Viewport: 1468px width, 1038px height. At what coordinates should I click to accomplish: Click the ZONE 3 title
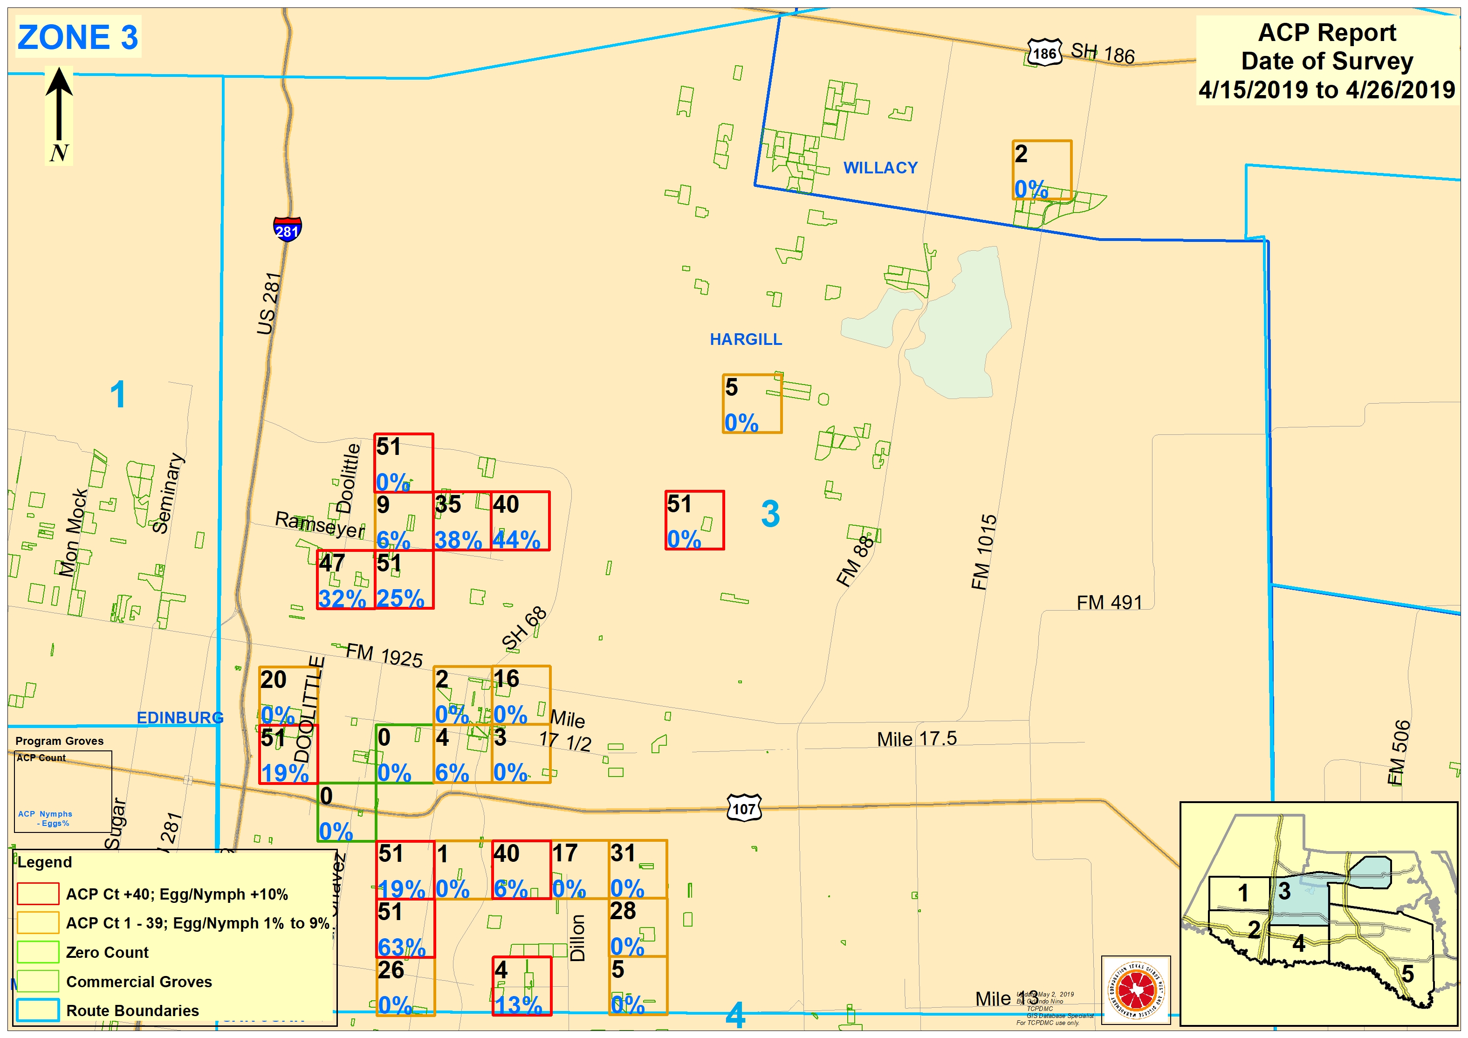[77, 37]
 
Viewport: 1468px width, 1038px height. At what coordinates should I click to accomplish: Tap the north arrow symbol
[59, 105]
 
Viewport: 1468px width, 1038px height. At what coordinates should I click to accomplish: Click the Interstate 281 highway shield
[287, 229]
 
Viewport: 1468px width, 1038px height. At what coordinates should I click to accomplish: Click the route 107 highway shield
[744, 808]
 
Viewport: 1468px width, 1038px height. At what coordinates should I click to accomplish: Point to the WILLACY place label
[880, 168]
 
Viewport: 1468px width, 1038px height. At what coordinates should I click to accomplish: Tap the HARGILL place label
[746, 340]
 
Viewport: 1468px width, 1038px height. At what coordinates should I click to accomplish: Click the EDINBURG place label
[180, 718]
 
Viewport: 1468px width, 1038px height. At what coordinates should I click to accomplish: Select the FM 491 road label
[1109, 603]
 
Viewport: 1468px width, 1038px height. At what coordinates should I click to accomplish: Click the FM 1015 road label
[983, 552]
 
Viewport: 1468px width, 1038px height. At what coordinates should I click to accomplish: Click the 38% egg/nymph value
[458, 540]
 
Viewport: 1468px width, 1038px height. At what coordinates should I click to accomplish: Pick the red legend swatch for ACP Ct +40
[38, 894]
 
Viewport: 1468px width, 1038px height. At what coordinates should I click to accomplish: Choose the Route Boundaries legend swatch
[38, 1011]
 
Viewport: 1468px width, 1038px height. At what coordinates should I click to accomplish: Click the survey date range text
[1327, 90]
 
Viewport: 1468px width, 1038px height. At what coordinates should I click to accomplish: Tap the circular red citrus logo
[1136, 990]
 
